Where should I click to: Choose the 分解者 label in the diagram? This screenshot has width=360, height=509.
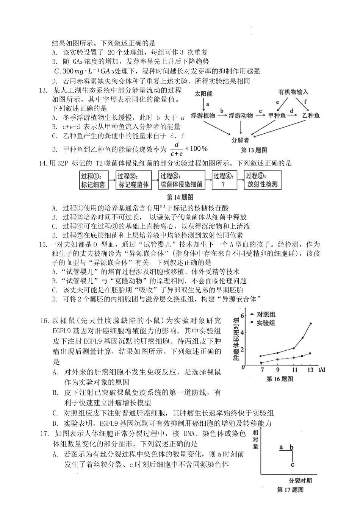point(240,140)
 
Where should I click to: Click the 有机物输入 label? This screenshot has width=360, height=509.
point(293,92)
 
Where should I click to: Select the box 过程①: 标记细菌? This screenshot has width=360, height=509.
point(93,180)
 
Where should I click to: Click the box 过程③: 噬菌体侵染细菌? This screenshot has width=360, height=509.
point(181,180)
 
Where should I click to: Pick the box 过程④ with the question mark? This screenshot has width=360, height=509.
point(224,180)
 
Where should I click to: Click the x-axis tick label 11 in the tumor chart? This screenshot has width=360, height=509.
point(294,370)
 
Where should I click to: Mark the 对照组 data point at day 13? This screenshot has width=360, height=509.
point(311,323)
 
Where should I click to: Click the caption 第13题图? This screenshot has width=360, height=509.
point(254,150)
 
